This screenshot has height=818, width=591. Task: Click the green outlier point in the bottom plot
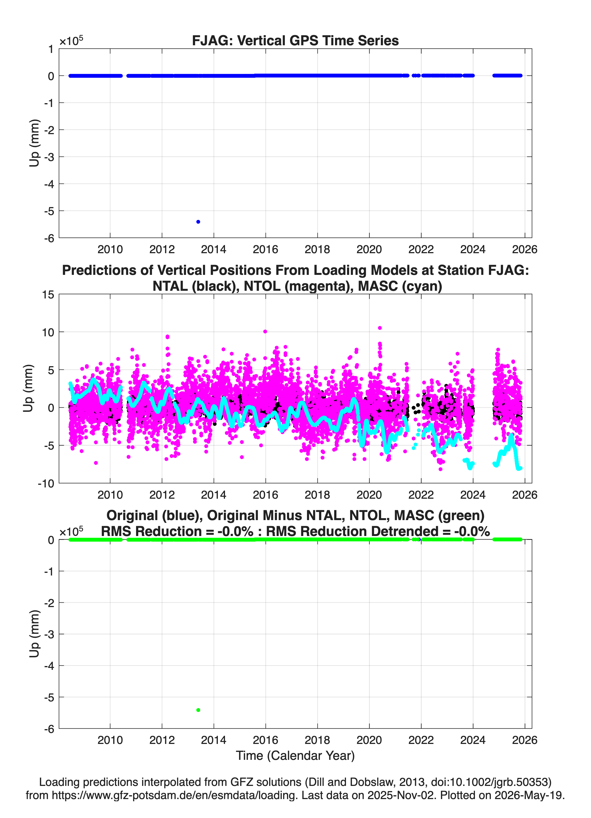click(198, 710)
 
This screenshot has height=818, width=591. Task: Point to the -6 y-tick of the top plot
click(49, 238)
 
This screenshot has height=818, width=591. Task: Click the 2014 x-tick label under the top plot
click(213, 249)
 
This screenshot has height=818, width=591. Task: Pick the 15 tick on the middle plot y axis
click(48, 295)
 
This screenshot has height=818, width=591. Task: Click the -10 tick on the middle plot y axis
click(46, 484)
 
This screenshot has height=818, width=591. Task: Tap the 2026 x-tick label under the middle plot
click(525, 495)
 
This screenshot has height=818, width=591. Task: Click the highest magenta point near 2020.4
click(379, 328)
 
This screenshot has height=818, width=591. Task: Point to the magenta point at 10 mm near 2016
click(265, 331)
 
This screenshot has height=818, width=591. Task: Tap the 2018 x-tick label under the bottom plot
click(317, 740)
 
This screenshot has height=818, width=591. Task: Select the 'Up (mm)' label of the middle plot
click(28, 388)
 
